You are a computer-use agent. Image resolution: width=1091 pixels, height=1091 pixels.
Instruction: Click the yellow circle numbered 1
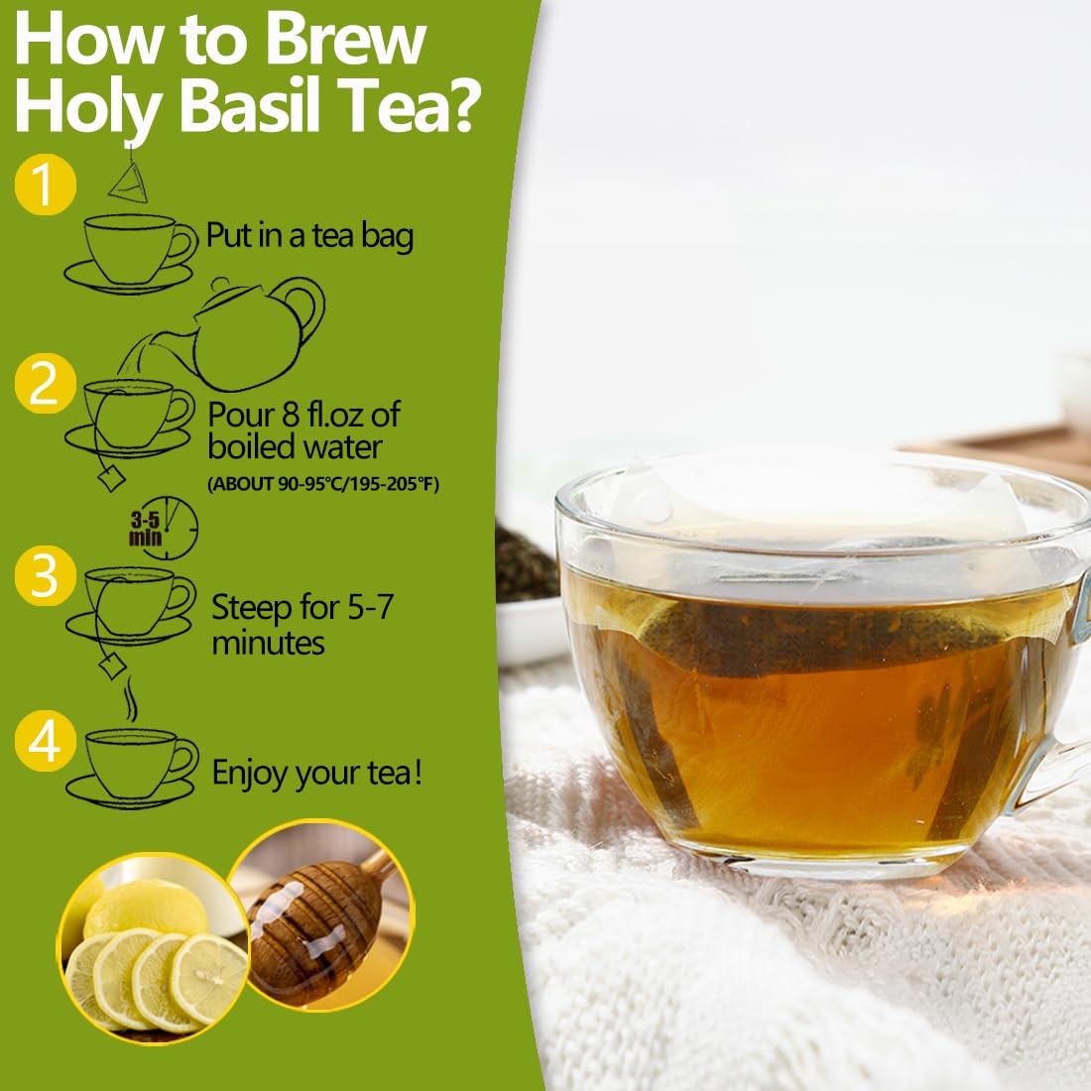click(46, 184)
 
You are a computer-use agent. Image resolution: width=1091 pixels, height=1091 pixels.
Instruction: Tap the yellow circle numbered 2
click(46, 383)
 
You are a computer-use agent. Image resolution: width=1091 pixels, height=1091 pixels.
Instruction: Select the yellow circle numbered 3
click(46, 575)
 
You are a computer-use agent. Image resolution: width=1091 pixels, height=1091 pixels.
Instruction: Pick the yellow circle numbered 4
click(46, 741)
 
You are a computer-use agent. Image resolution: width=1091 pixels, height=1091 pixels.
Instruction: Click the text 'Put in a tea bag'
click(310, 236)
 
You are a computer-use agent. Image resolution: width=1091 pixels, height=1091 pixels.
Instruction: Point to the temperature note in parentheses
click(323, 484)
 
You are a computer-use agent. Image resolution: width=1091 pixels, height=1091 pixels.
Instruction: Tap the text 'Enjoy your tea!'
click(316, 774)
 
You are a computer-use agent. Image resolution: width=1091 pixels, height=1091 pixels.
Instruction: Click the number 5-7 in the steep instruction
click(370, 607)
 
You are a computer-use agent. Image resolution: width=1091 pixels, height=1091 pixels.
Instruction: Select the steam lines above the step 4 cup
click(130, 699)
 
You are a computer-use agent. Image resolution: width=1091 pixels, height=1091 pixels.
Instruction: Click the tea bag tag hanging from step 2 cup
click(111, 479)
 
